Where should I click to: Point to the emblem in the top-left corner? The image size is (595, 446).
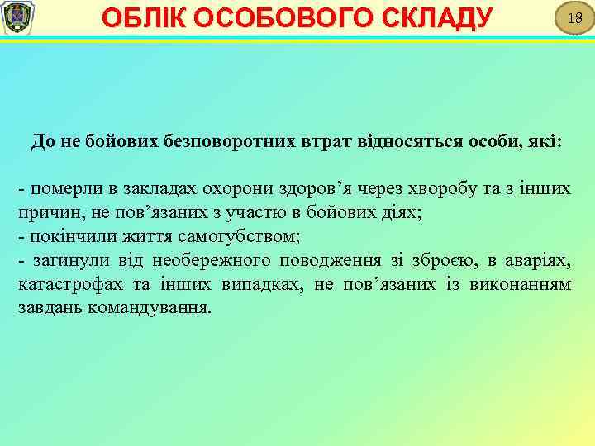coord(17,17)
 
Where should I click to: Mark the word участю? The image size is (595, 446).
coord(236,212)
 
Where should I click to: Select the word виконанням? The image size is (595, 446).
coord(520,285)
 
